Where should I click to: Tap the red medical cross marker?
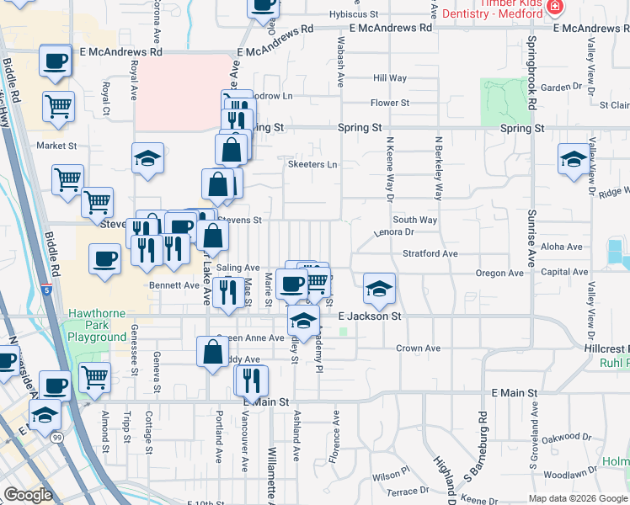tap(554, 8)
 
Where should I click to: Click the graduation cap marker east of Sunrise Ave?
tap(574, 158)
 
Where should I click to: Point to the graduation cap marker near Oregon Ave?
tap(379, 290)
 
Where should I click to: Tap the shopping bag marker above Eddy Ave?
tap(212, 352)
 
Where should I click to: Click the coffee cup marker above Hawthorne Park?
tap(104, 259)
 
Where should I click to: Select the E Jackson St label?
tap(370, 316)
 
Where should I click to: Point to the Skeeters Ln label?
tap(312, 165)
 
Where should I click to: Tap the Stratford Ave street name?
tap(430, 252)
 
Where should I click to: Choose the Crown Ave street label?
tap(419, 348)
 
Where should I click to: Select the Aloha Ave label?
tap(562, 247)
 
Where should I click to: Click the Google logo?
tap(28, 495)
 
